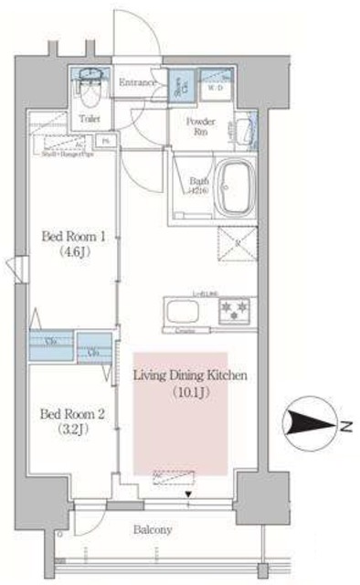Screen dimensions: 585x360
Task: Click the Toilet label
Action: click(90, 118)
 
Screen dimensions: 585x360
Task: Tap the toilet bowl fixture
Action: click(90, 90)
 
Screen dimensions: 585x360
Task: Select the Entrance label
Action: click(137, 82)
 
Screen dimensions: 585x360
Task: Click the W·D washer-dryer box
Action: click(216, 88)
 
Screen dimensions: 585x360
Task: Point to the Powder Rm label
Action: click(201, 126)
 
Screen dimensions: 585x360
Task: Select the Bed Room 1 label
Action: click(74, 235)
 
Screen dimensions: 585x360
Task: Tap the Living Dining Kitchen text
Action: click(191, 376)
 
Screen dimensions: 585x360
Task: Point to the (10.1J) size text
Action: click(191, 392)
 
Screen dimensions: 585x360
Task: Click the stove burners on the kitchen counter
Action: click(236, 311)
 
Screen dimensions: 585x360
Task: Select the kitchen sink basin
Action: click(177, 311)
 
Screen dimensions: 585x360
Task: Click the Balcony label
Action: click(153, 529)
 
